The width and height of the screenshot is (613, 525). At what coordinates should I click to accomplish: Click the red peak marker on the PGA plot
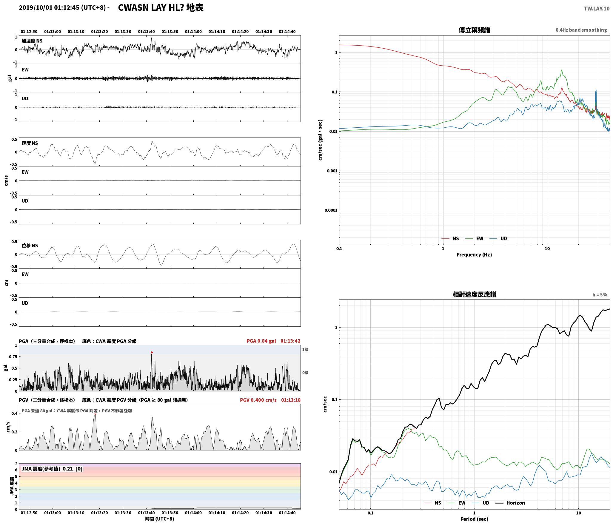(x=152, y=352)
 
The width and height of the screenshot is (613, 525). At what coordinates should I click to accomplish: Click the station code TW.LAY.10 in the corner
(x=597, y=9)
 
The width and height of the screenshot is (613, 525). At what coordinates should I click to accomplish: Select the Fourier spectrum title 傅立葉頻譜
(x=474, y=30)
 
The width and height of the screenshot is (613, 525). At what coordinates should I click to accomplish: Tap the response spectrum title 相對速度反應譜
(x=474, y=294)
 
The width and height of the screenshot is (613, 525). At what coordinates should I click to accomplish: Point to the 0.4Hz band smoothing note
(x=581, y=30)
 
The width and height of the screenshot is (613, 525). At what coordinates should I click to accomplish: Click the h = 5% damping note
(x=600, y=295)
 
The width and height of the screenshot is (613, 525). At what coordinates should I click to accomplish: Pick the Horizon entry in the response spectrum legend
(x=510, y=503)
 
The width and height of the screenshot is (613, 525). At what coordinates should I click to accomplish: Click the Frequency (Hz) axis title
(x=474, y=254)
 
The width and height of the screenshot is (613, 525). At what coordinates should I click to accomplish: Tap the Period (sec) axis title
(x=474, y=519)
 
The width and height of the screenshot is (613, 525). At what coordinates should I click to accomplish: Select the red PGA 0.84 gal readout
(x=261, y=341)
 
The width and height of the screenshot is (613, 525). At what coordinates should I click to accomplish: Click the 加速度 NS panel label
(x=32, y=41)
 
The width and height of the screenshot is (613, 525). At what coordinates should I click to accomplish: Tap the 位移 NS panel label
(x=30, y=245)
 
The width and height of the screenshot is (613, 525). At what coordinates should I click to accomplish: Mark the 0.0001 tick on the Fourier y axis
(x=331, y=210)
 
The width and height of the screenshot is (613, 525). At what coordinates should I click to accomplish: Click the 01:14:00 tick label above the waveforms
(x=193, y=32)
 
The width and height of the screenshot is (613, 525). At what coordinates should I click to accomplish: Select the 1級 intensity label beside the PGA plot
(x=305, y=349)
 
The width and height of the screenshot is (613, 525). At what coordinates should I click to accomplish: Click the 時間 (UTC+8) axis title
(x=160, y=519)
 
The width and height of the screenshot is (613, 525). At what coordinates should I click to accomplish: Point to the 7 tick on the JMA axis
(x=16, y=463)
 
